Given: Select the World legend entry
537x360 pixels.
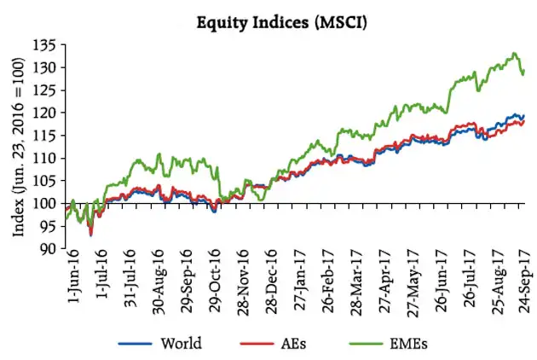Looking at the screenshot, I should (181, 344).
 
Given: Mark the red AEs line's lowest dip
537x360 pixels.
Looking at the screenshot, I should (91, 234).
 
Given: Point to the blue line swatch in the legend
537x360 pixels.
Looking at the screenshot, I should (134, 345).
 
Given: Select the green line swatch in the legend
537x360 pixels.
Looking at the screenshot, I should (369, 345).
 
